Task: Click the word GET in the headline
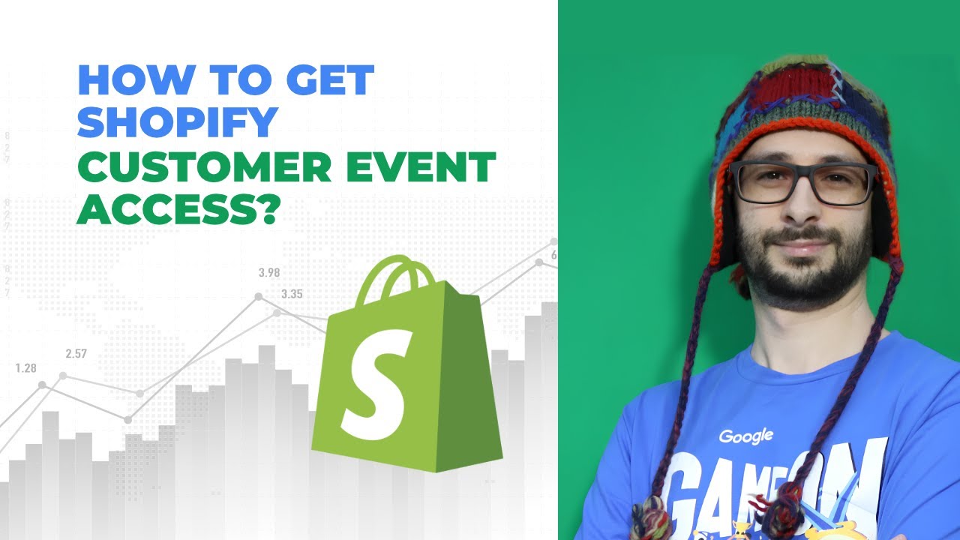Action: point(326,80)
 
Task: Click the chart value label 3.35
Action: point(292,294)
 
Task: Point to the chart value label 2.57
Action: point(76,353)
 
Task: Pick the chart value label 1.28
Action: point(26,368)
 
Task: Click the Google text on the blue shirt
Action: point(745,436)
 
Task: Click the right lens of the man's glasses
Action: point(846,184)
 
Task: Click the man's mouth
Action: point(804,247)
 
